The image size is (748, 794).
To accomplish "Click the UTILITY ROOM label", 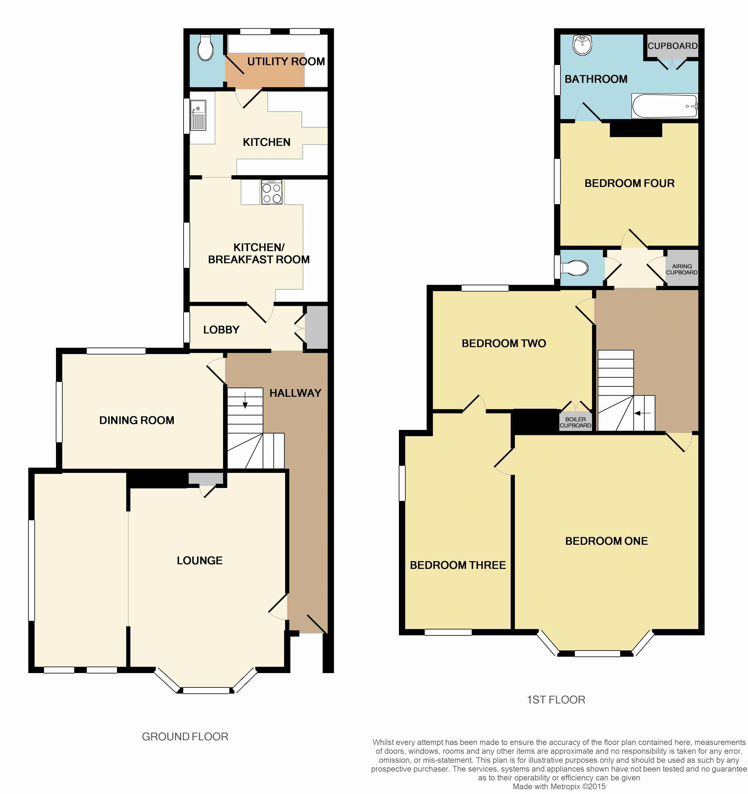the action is click(x=286, y=61).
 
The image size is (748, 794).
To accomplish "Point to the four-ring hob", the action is click(x=271, y=192).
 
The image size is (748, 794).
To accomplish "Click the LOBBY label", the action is click(x=221, y=330).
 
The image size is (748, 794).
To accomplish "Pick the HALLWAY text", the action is click(x=295, y=393).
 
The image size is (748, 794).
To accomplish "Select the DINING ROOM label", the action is click(x=136, y=420).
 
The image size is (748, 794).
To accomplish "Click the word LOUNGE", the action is click(x=200, y=560).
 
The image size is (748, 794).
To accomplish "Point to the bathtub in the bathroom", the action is click(x=665, y=106).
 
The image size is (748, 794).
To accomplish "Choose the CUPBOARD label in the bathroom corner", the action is click(x=673, y=46).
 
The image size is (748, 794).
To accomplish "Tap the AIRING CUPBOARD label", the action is click(x=682, y=269).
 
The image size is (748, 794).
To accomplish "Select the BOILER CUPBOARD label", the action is click(x=575, y=422).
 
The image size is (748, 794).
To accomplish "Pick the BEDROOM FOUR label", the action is click(x=629, y=183).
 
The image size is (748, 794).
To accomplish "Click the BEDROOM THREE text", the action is click(x=458, y=565).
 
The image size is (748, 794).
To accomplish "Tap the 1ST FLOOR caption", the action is click(x=556, y=700).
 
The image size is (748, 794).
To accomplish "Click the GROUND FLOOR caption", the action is click(x=185, y=737).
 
